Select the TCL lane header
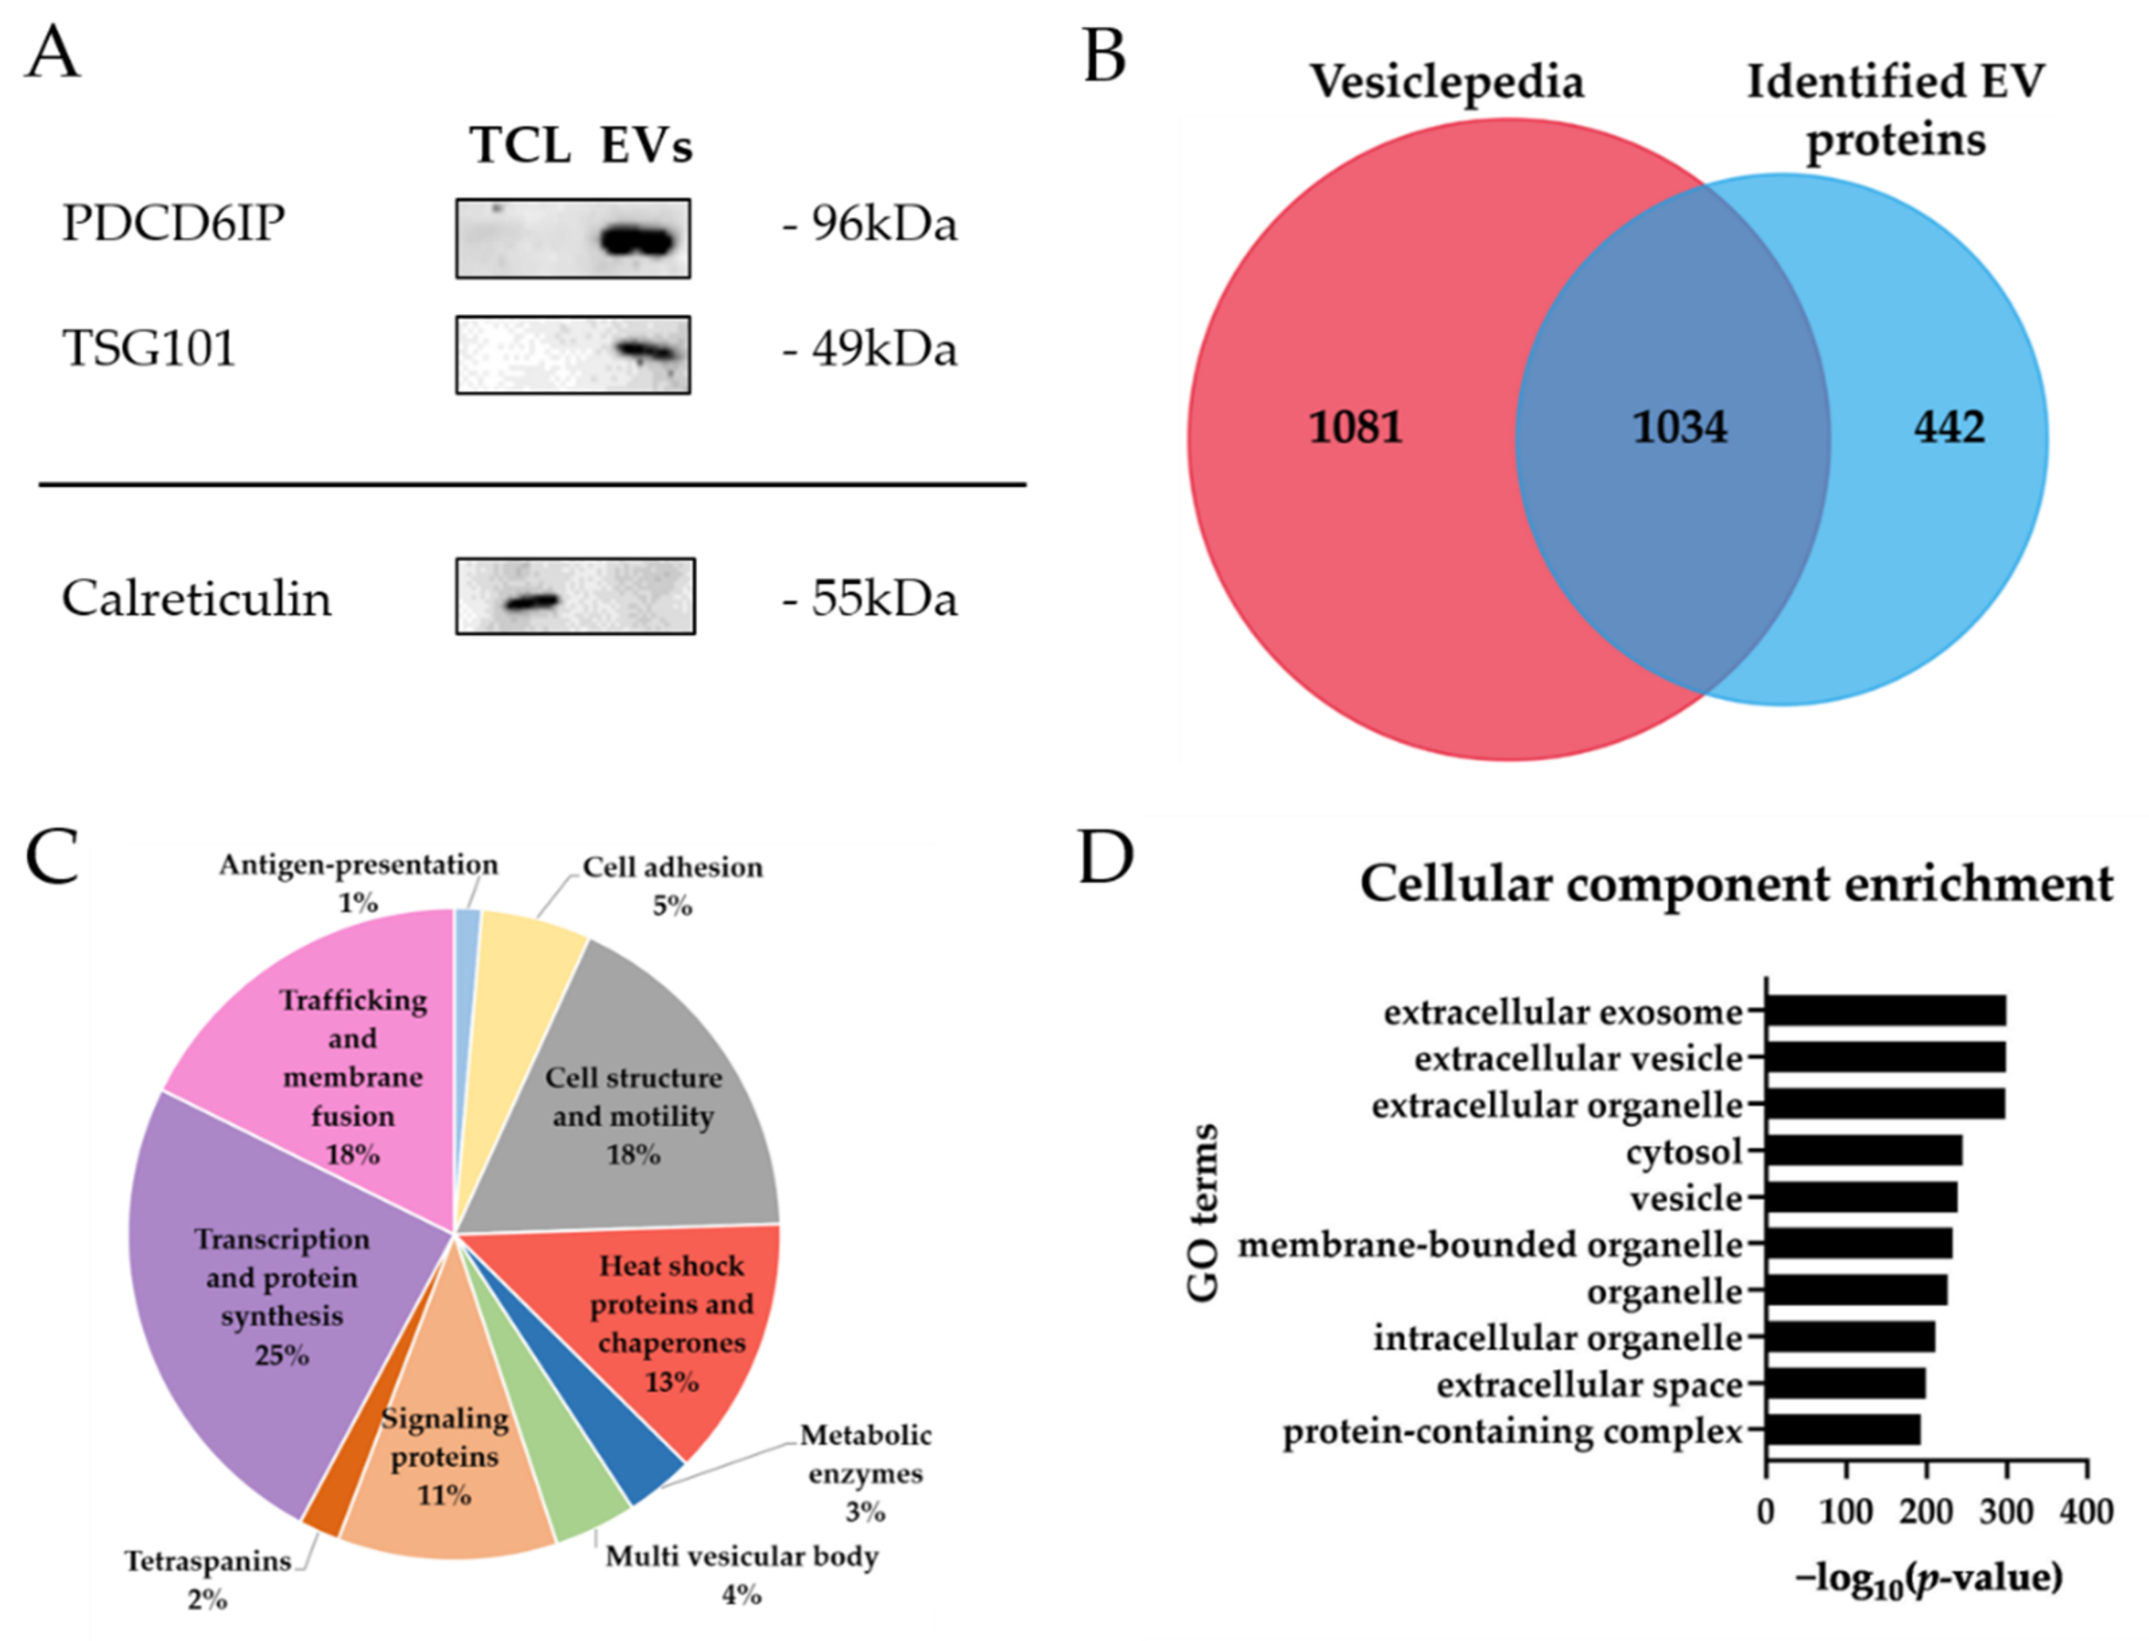click(x=520, y=146)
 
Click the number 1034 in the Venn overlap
click(x=1680, y=428)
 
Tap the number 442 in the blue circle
click(x=1949, y=428)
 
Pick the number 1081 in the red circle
click(x=1356, y=428)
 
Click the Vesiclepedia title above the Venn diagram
click(x=1447, y=81)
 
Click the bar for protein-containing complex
click(x=1843, y=1431)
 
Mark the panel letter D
click(x=1106, y=858)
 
